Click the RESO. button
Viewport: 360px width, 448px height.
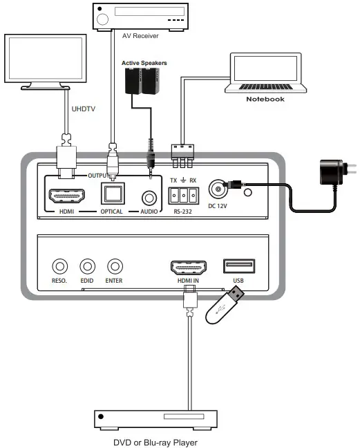coord(61,265)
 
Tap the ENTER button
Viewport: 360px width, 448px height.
coord(114,265)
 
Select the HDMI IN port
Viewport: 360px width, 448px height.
coord(188,267)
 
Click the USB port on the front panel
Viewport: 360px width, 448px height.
coord(239,266)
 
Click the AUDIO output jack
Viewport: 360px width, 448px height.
coord(146,195)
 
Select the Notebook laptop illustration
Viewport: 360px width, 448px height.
coord(265,73)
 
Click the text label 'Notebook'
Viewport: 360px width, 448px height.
coord(265,100)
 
